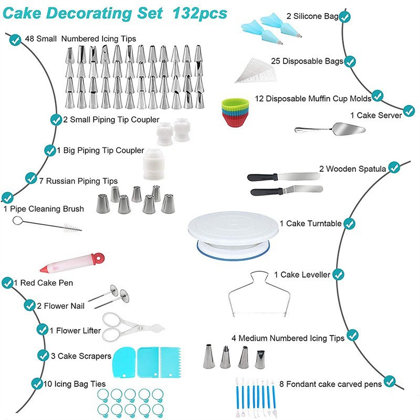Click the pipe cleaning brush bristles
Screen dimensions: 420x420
click(x=68, y=228)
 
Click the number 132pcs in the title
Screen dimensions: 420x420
click(x=199, y=13)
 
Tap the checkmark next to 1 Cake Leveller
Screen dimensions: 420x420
click(x=338, y=275)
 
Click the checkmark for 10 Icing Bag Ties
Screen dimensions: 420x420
click(x=37, y=384)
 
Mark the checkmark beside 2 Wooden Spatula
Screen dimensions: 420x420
click(x=394, y=168)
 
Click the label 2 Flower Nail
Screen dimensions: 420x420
click(x=59, y=305)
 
